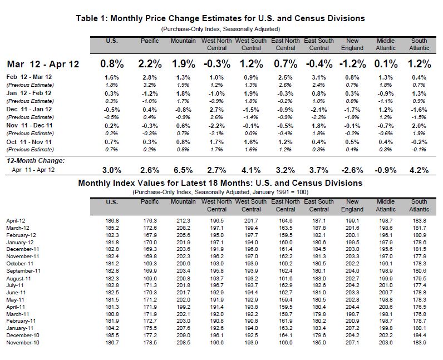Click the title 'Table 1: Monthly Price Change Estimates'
point(220,18)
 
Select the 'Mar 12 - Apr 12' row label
point(43,64)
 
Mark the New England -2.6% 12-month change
point(352,170)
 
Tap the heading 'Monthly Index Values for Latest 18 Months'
point(220,183)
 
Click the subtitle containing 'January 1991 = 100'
point(220,191)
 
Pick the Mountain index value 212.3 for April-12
point(183,221)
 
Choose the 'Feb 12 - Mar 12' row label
point(29,77)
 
